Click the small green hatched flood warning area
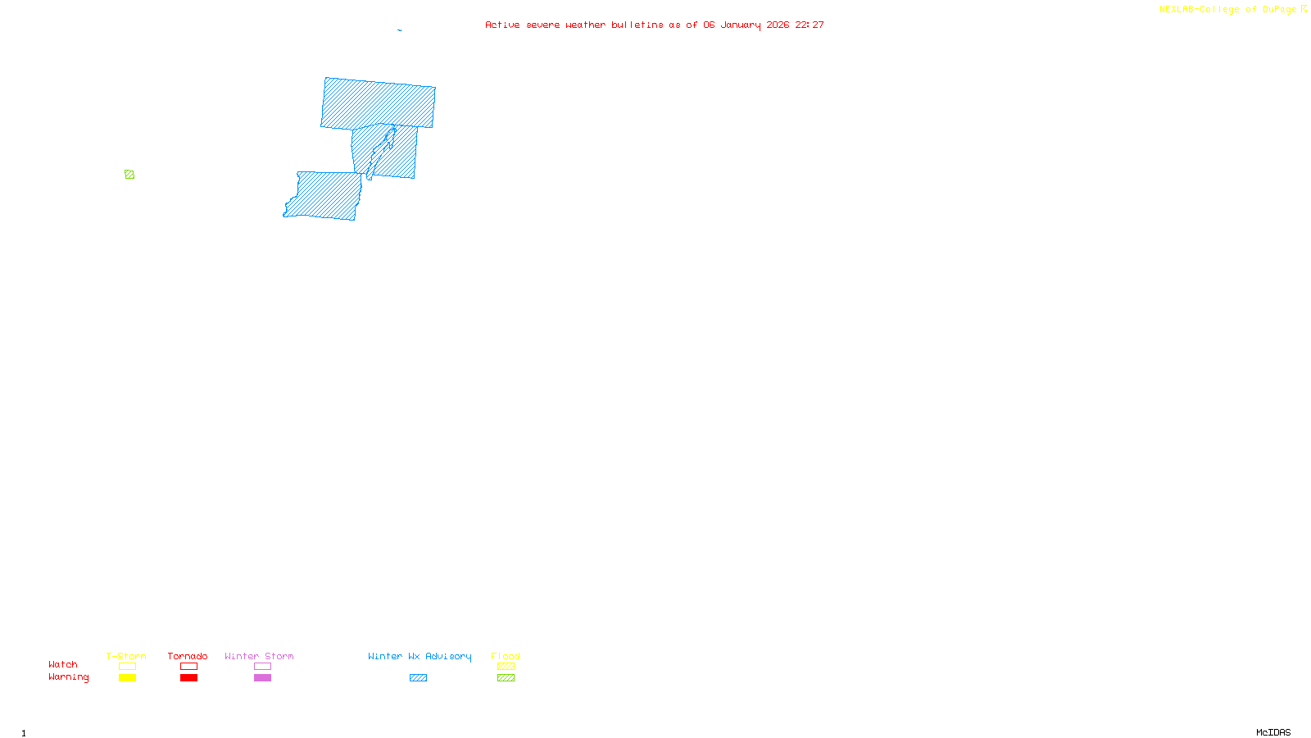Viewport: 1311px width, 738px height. click(x=129, y=175)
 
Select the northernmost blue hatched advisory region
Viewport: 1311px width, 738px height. click(x=378, y=103)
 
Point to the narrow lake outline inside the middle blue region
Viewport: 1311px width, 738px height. click(x=380, y=152)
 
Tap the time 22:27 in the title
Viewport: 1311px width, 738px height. click(x=810, y=25)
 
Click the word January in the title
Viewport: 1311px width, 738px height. click(x=741, y=25)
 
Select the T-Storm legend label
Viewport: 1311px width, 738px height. click(x=126, y=656)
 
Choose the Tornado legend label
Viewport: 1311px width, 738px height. click(x=188, y=656)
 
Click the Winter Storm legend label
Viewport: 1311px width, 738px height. click(x=259, y=656)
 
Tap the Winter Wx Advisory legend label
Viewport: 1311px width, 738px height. click(x=420, y=656)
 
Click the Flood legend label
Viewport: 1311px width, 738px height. click(x=506, y=656)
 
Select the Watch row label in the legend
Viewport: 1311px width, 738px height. click(x=63, y=665)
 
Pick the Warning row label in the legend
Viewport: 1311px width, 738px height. click(x=69, y=677)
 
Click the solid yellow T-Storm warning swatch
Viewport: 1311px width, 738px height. click(x=127, y=678)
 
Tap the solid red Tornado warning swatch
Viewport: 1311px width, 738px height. click(x=188, y=678)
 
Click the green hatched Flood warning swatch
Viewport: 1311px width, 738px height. click(x=506, y=678)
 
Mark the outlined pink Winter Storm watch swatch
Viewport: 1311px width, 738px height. click(x=262, y=667)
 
